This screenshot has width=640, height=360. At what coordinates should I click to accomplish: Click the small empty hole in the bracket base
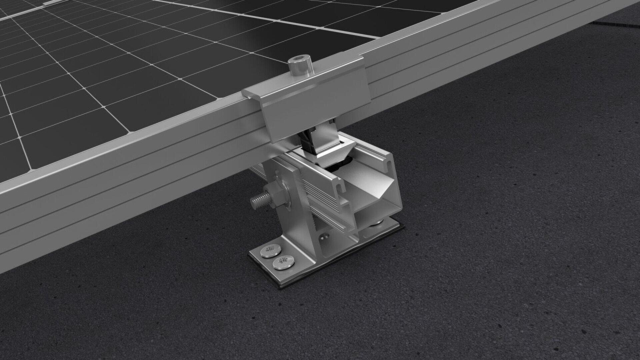point(323,237)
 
